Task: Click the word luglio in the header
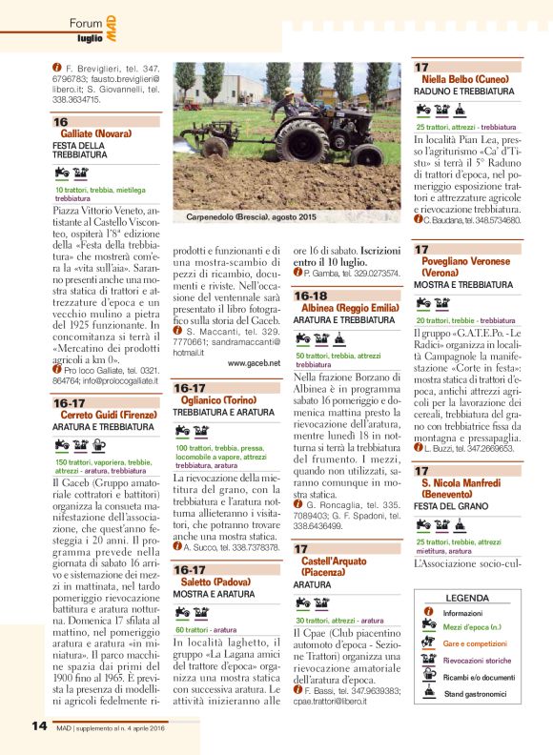(x=91, y=37)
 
